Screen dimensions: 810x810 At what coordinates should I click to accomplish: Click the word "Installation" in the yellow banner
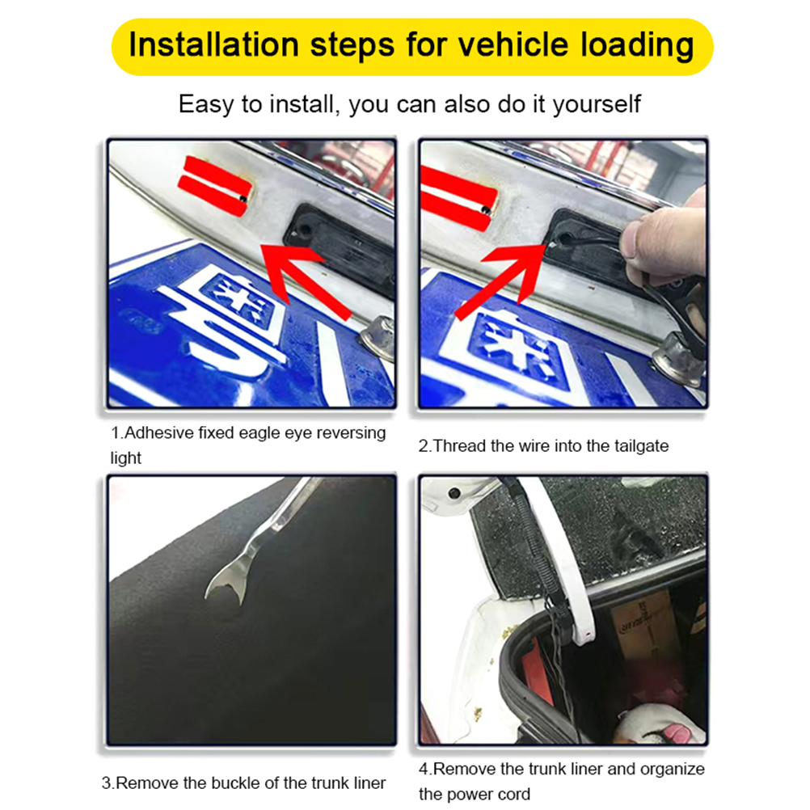tap(213, 44)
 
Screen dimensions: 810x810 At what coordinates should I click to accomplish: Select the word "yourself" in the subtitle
tap(597, 105)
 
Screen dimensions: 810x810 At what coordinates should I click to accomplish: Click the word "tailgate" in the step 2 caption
tap(641, 446)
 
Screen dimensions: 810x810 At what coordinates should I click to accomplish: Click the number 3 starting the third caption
tap(107, 783)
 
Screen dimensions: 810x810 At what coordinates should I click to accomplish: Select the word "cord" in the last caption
tap(513, 794)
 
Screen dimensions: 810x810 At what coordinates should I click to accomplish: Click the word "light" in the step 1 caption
tap(125, 458)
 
